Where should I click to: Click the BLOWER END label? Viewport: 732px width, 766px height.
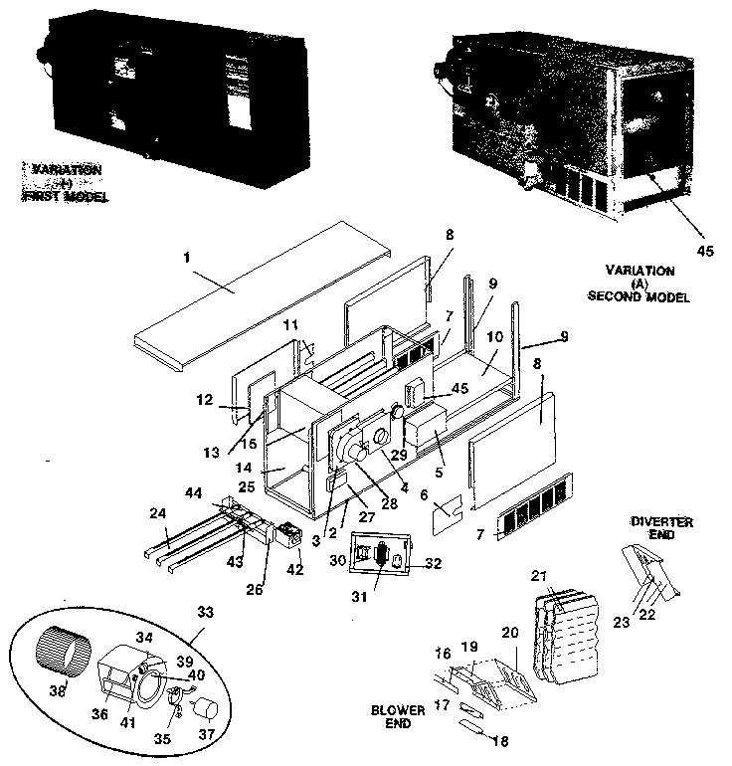point(400,717)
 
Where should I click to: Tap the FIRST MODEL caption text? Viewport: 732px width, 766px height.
point(65,197)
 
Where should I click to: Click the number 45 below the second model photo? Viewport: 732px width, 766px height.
point(705,251)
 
